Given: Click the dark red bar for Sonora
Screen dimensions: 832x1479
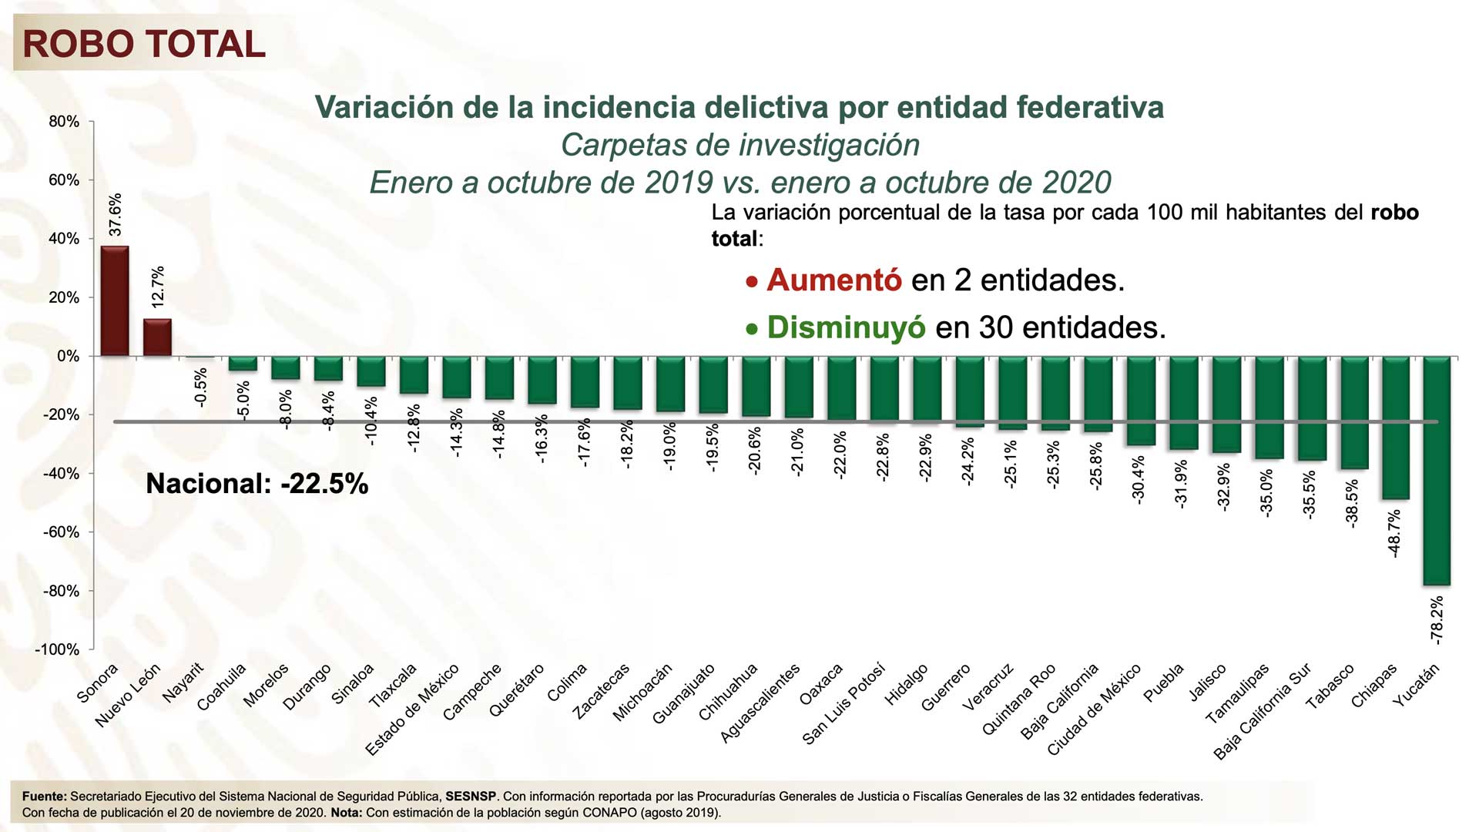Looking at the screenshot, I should [115, 301].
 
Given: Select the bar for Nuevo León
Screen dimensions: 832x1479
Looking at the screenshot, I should [158, 337].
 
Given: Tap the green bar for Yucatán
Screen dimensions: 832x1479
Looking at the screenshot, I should [1437, 470].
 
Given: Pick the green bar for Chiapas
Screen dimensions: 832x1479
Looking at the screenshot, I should [1394, 428].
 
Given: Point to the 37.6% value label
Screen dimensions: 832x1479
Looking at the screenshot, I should [115, 215].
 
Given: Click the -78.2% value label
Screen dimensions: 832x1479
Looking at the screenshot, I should [1437, 619].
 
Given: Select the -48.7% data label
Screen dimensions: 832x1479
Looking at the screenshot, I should [1394, 533].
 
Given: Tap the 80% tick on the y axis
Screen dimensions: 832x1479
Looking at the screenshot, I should [64, 122].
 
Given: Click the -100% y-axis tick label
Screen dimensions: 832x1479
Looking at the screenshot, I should [58, 649].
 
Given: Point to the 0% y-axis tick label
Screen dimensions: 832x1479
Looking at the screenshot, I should [68, 357].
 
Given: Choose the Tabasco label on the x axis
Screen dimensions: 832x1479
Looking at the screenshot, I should [1330, 686].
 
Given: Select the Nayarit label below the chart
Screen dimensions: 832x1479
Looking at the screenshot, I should [183, 683].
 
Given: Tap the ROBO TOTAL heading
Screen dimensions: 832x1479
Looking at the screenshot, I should [144, 44].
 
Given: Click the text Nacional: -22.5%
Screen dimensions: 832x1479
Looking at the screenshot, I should [257, 484].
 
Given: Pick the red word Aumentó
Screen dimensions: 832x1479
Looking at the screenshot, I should [833, 280].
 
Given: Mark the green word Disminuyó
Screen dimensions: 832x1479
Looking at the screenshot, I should [846, 327].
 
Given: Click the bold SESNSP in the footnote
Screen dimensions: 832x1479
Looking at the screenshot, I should [471, 797].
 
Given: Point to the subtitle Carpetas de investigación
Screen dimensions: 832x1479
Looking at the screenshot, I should [739, 145].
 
